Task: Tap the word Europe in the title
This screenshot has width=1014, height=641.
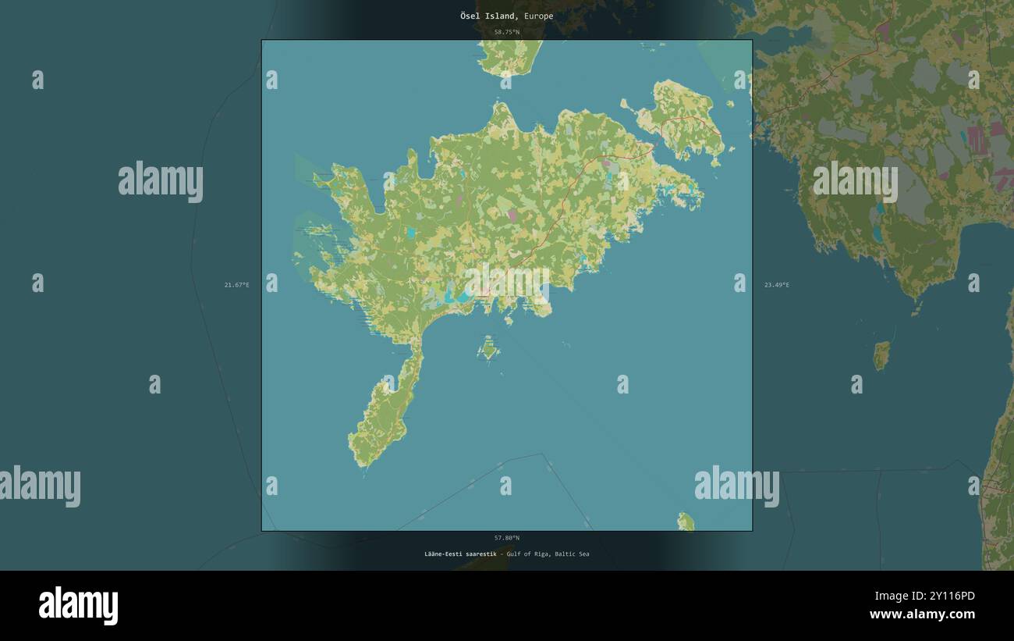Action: coord(538,16)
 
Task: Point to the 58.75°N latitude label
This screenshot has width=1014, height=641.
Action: coord(507,32)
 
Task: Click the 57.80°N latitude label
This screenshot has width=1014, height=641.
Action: coord(507,538)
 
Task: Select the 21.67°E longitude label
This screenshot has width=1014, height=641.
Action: coord(237,285)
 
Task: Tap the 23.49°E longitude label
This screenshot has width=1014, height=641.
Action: coord(777,285)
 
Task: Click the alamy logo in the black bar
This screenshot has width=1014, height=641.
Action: coord(79,606)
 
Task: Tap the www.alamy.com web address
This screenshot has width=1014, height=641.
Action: coord(923,614)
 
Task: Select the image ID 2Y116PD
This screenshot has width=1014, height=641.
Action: coord(947,596)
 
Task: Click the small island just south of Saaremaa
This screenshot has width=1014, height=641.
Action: coord(489,347)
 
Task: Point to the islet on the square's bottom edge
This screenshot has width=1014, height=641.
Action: coord(686,522)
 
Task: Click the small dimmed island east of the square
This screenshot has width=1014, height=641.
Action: coord(881,355)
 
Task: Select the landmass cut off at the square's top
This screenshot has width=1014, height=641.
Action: coord(511,56)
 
